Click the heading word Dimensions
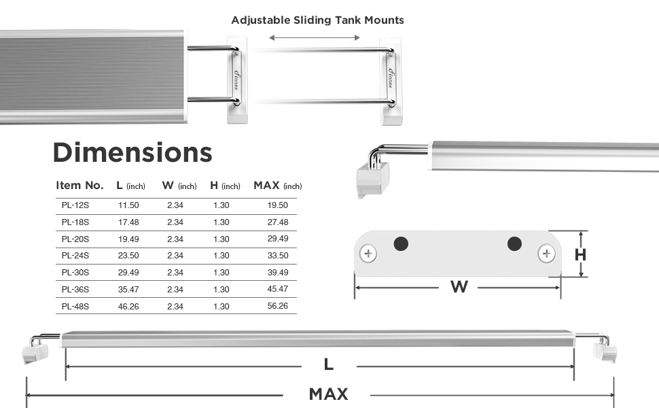tap(132, 152)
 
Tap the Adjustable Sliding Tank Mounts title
tap(318, 20)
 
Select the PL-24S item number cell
tap(75, 256)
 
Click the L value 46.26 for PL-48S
tap(128, 307)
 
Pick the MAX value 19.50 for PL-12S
tap(277, 205)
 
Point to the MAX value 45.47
tap(277, 289)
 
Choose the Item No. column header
tap(80, 186)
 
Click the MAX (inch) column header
tap(278, 186)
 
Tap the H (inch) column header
tap(226, 186)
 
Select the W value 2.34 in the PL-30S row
tap(175, 273)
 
